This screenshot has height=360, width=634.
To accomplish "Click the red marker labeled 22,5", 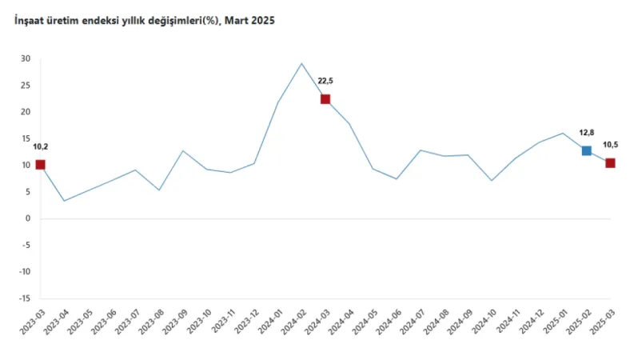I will pyautogui.click(x=325, y=99).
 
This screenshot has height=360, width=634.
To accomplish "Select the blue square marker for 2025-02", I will pyautogui.click(x=586, y=150).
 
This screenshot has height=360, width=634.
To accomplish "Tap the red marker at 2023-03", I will pyautogui.click(x=40, y=165).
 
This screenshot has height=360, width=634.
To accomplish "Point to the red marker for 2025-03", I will pyautogui.click(x=610, y=163).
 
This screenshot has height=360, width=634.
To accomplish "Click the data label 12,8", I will pyautogui.click(x=588, y=132).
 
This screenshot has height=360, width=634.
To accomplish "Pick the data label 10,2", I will pyautogui.click(x=40, y=146).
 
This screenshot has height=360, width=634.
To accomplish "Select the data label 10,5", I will pyautogui.click(x=611, y=145).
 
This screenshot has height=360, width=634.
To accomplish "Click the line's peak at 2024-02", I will pyautogui.click(x=301, y=63).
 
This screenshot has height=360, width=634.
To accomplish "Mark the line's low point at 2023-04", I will pyautogui.click(x=64, y=201).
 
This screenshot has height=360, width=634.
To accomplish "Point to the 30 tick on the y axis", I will pyautogui.click(x=26, y=58).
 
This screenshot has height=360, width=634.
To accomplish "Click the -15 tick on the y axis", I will pyautogui.click(x=24, y=298).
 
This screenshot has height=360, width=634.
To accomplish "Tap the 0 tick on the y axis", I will pyautogui.click(x=28, y=218).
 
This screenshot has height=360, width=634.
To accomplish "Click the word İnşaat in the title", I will pyautogui.click(x=30, y=22).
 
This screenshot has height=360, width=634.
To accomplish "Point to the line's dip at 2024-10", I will pyautogui.click(x=492, y=180).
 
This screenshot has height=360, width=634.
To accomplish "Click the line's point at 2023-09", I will pyautogui.click(x=183, y=150).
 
